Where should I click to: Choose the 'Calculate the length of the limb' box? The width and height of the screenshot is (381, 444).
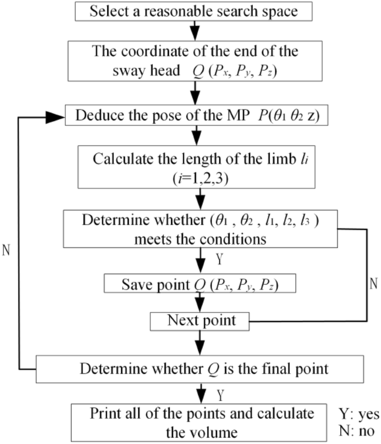tap(197, 165)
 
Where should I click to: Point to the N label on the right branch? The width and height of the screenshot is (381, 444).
tap(373, 284)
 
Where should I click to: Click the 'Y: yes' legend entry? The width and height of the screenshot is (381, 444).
tap(358, 415)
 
